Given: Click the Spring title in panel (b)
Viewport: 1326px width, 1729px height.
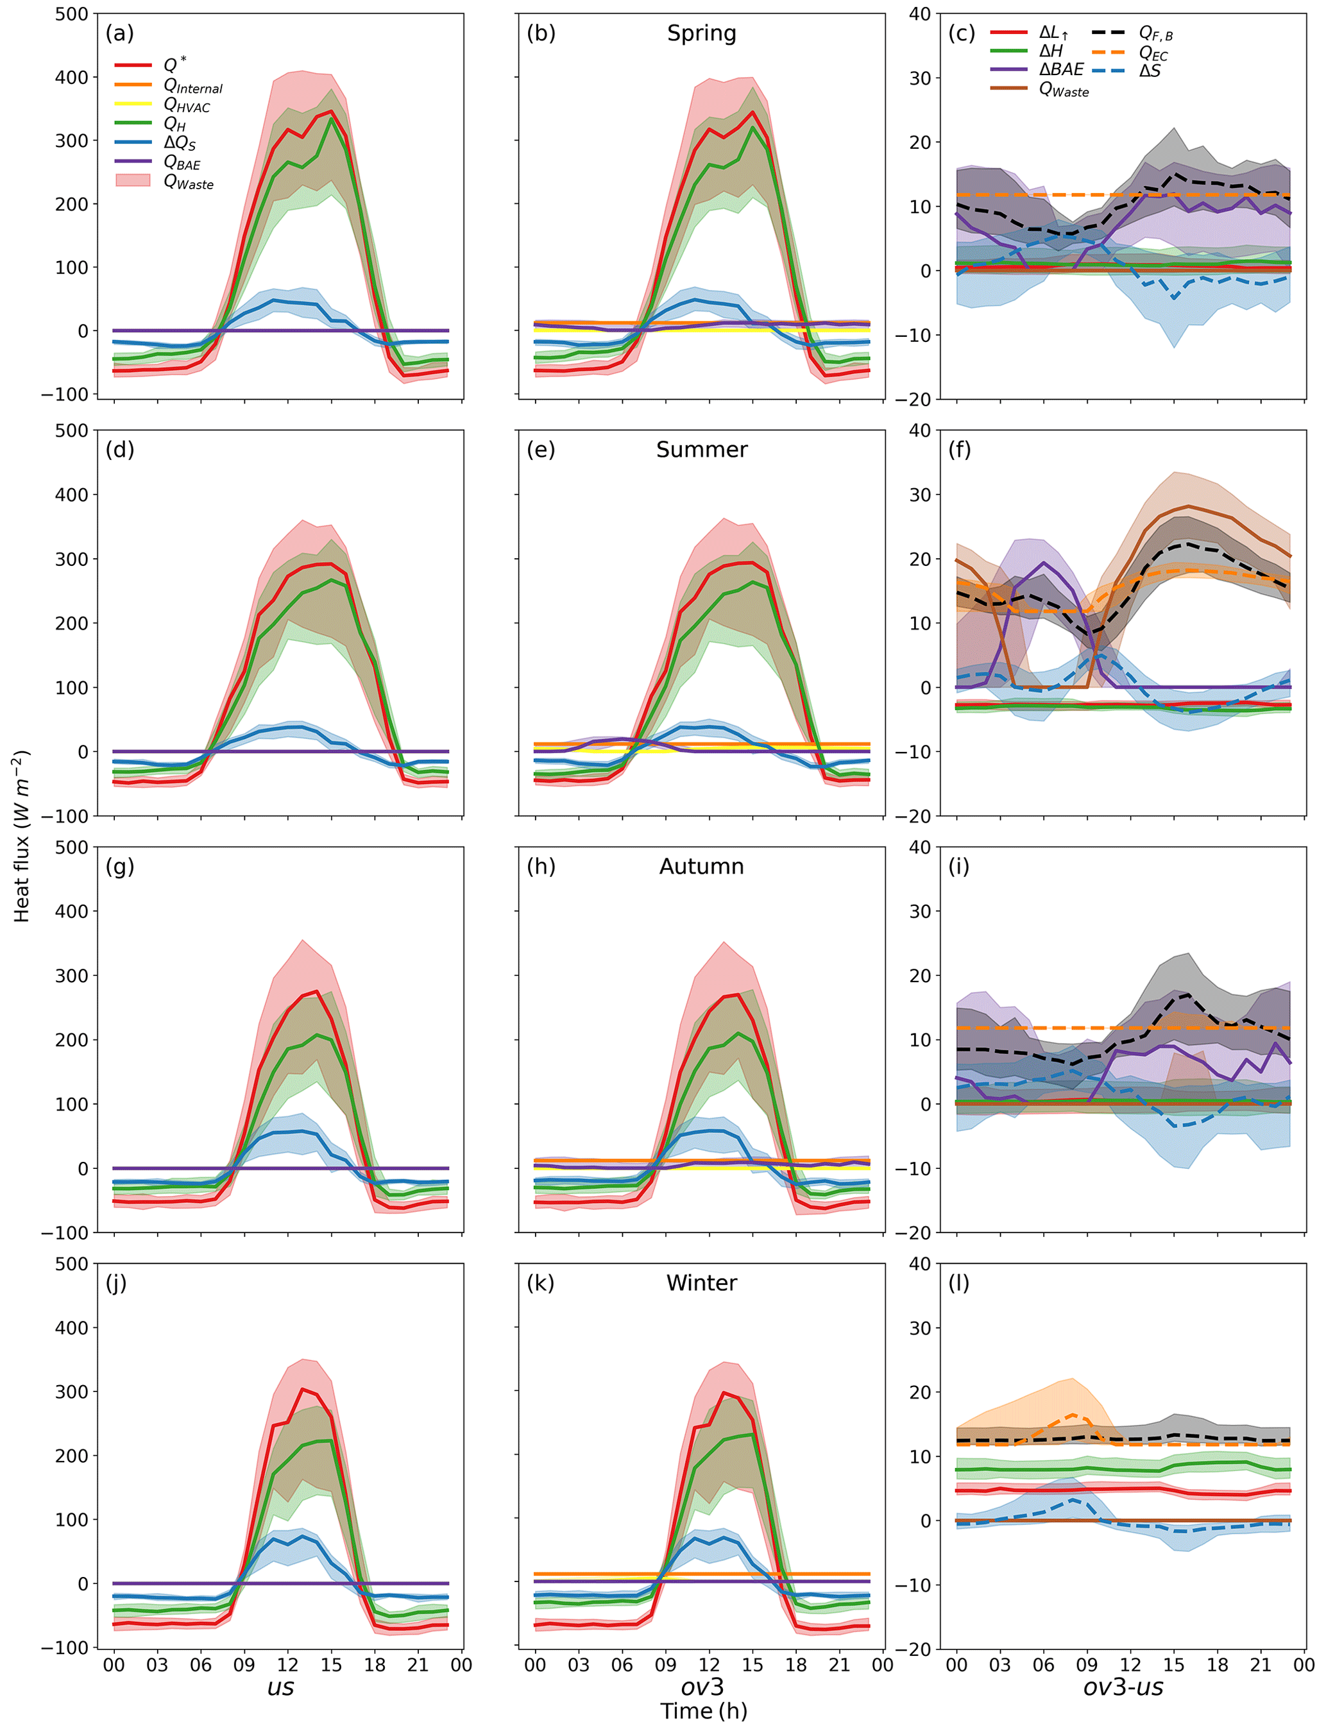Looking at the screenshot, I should (701, 33).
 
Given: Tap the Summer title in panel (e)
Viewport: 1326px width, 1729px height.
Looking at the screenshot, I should (701, 450).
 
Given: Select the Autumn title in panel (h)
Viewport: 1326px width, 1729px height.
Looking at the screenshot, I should (701, 867).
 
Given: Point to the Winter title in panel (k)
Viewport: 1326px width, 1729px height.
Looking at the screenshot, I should (701, 1283).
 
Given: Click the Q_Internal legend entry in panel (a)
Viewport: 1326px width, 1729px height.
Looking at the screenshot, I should (192, 86).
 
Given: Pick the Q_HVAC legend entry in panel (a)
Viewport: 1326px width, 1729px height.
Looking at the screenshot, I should (186, 105).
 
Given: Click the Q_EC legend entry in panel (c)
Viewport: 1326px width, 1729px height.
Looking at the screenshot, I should (1152, 53).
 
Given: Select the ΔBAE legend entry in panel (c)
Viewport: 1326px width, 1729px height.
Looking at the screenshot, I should (1061, 70).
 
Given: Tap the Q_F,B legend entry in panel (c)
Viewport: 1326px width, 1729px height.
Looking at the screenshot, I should (1155, 33).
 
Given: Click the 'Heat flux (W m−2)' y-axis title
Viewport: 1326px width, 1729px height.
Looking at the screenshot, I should (21, 837).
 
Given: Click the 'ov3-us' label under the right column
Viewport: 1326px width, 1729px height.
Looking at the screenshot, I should (1123, 1687).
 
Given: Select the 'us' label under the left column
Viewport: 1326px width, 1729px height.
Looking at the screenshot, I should (280, 1687).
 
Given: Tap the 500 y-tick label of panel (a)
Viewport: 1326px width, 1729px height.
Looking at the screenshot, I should (71, 14).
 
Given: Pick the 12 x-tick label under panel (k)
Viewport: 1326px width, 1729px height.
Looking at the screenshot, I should (709, 1664).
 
